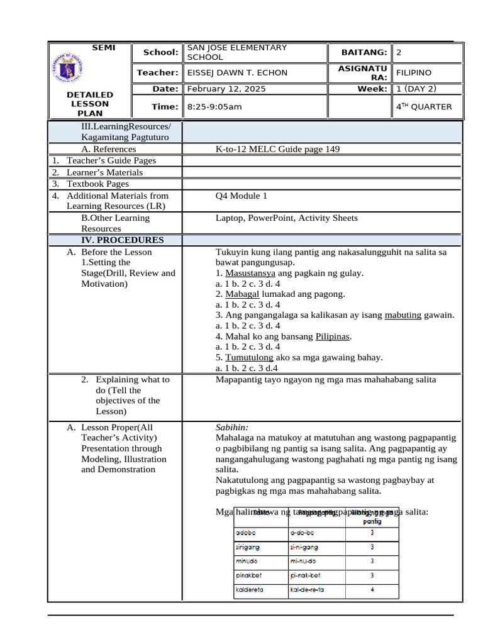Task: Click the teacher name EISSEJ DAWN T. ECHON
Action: pyautogui.click(x=237, y=72)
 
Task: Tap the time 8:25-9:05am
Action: pyautogui.click(x=214, y=106)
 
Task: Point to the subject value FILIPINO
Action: pyautogui.click(x=413, y=72)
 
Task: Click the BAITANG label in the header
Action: pyautogui.click(x=364, y=52)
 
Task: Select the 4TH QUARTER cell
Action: pyautogui.click(x=423, y=106)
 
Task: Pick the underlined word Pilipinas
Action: pyautogui.click(x=332, y=336)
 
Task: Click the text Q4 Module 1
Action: pyautogui.click(x=241, y=196)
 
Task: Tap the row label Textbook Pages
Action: pyautogui.click(x=97, y=184)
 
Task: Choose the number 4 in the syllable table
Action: pyautogui.click(x=372, y=590)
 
